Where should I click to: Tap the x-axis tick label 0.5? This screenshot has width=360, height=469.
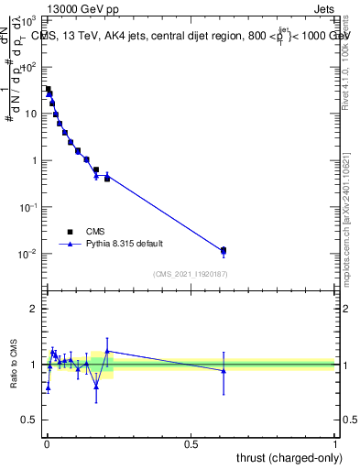tap(191, 444)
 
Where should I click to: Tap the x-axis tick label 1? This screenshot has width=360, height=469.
tap(335, 444)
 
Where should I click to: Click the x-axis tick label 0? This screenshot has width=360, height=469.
tap(46, 444)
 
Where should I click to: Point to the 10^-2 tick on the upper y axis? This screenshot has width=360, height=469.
tap(28, 254)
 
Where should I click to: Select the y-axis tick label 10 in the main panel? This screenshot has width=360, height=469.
tap(31, 114)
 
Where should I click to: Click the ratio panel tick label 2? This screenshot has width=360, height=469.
tap(34, 309)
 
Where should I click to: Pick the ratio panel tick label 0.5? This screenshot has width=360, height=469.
tap(30, 420)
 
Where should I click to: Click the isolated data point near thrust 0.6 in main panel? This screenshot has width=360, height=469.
tap(224, 250)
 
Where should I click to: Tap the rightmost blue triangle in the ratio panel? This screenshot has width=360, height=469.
tap(224, 370)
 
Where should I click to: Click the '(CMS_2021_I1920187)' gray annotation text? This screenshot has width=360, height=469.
tap(191, 274)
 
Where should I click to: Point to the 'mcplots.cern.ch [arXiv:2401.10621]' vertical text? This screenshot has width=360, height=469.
tap(345, 193)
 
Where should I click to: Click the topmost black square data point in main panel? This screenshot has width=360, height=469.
tap(48, 89)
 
